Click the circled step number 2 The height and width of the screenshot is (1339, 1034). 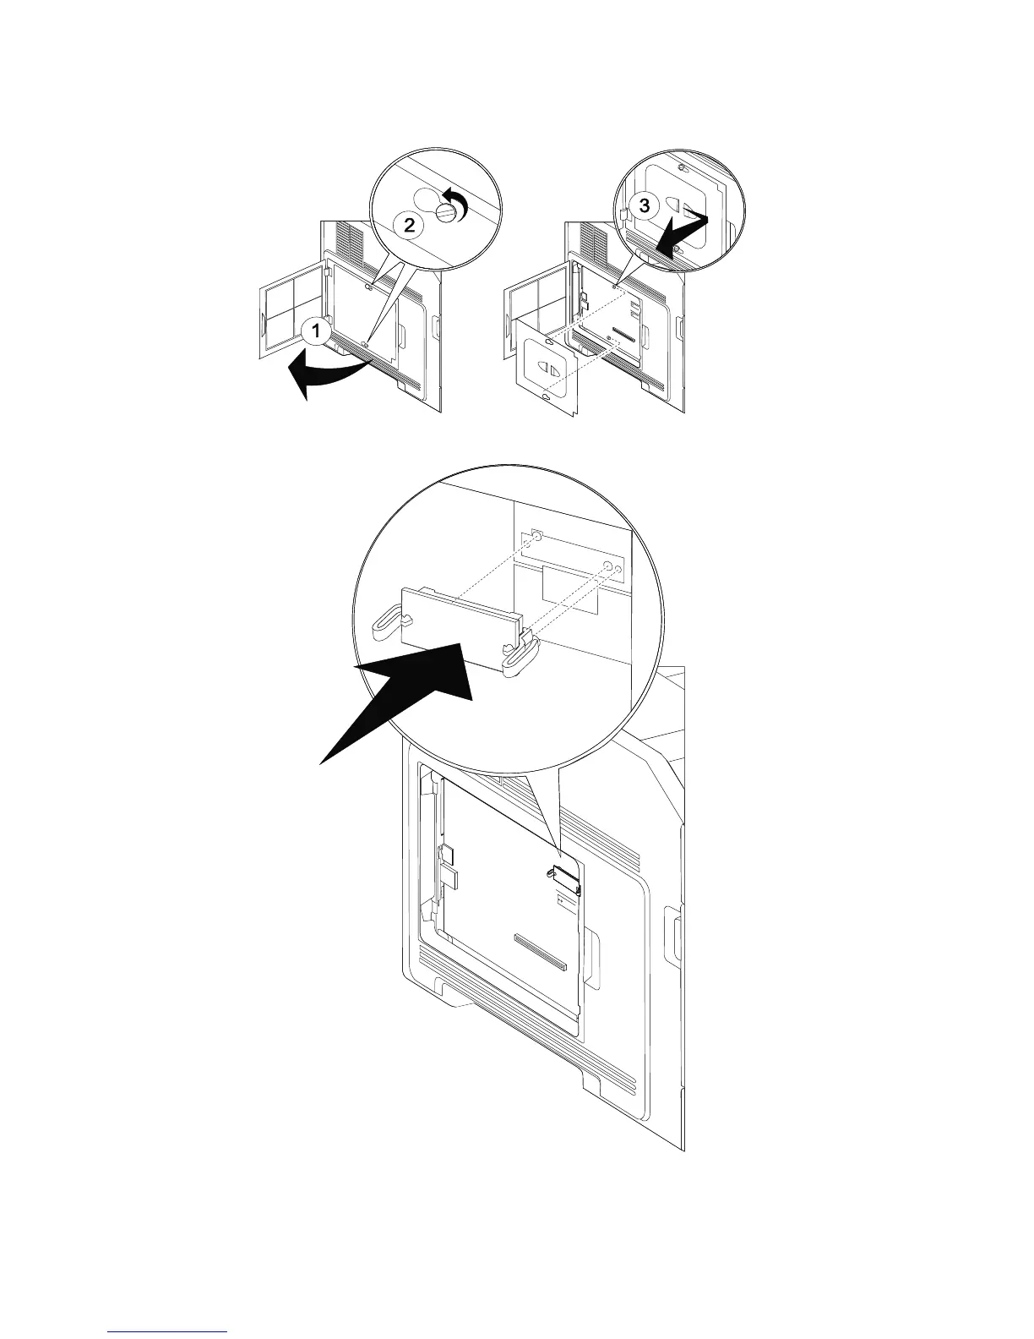[409, 226]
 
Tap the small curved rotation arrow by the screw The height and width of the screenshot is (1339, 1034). [458, 202]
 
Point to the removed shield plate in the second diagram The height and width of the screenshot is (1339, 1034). [548, 372]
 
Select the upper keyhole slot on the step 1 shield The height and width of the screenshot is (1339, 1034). [367, 287]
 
